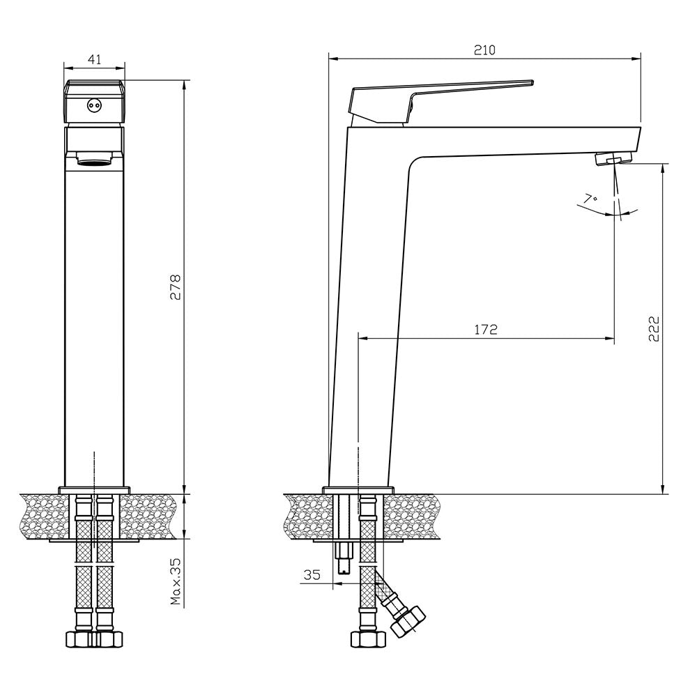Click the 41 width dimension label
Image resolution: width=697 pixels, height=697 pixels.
click(95, 59)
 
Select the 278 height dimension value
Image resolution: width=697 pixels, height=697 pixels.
click(176, 287)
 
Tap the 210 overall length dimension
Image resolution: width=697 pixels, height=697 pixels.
click(484, 49)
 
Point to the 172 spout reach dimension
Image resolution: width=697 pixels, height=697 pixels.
click(486, 330)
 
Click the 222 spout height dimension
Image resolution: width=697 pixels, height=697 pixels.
click(654, 329)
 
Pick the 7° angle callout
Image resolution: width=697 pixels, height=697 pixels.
click(590, 199)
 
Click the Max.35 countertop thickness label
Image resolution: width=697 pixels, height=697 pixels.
click(176, 581)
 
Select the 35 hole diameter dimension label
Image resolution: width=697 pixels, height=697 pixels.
click(312, 575)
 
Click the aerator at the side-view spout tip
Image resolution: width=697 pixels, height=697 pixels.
click(613, 158)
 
